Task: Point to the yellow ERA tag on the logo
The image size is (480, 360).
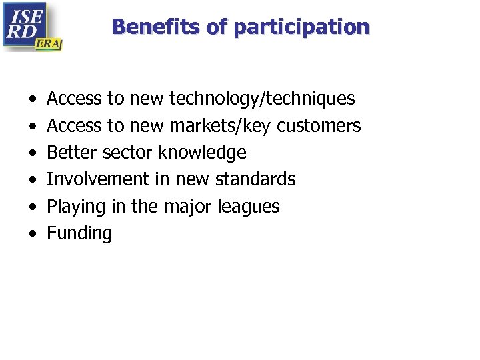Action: click(x=49, y=43)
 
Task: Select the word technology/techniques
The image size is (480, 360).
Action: click(x=262, y=99)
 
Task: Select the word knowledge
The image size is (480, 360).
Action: click(x=202, y=153)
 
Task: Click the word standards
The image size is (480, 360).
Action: click(x=255, y=179)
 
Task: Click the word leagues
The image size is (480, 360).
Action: click(x=249, y=207)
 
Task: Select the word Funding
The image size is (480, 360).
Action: click(x=79, y=233)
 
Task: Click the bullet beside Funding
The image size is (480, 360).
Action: click(x=33, y=234)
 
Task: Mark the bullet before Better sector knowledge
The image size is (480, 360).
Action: click(x=33, y=153)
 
